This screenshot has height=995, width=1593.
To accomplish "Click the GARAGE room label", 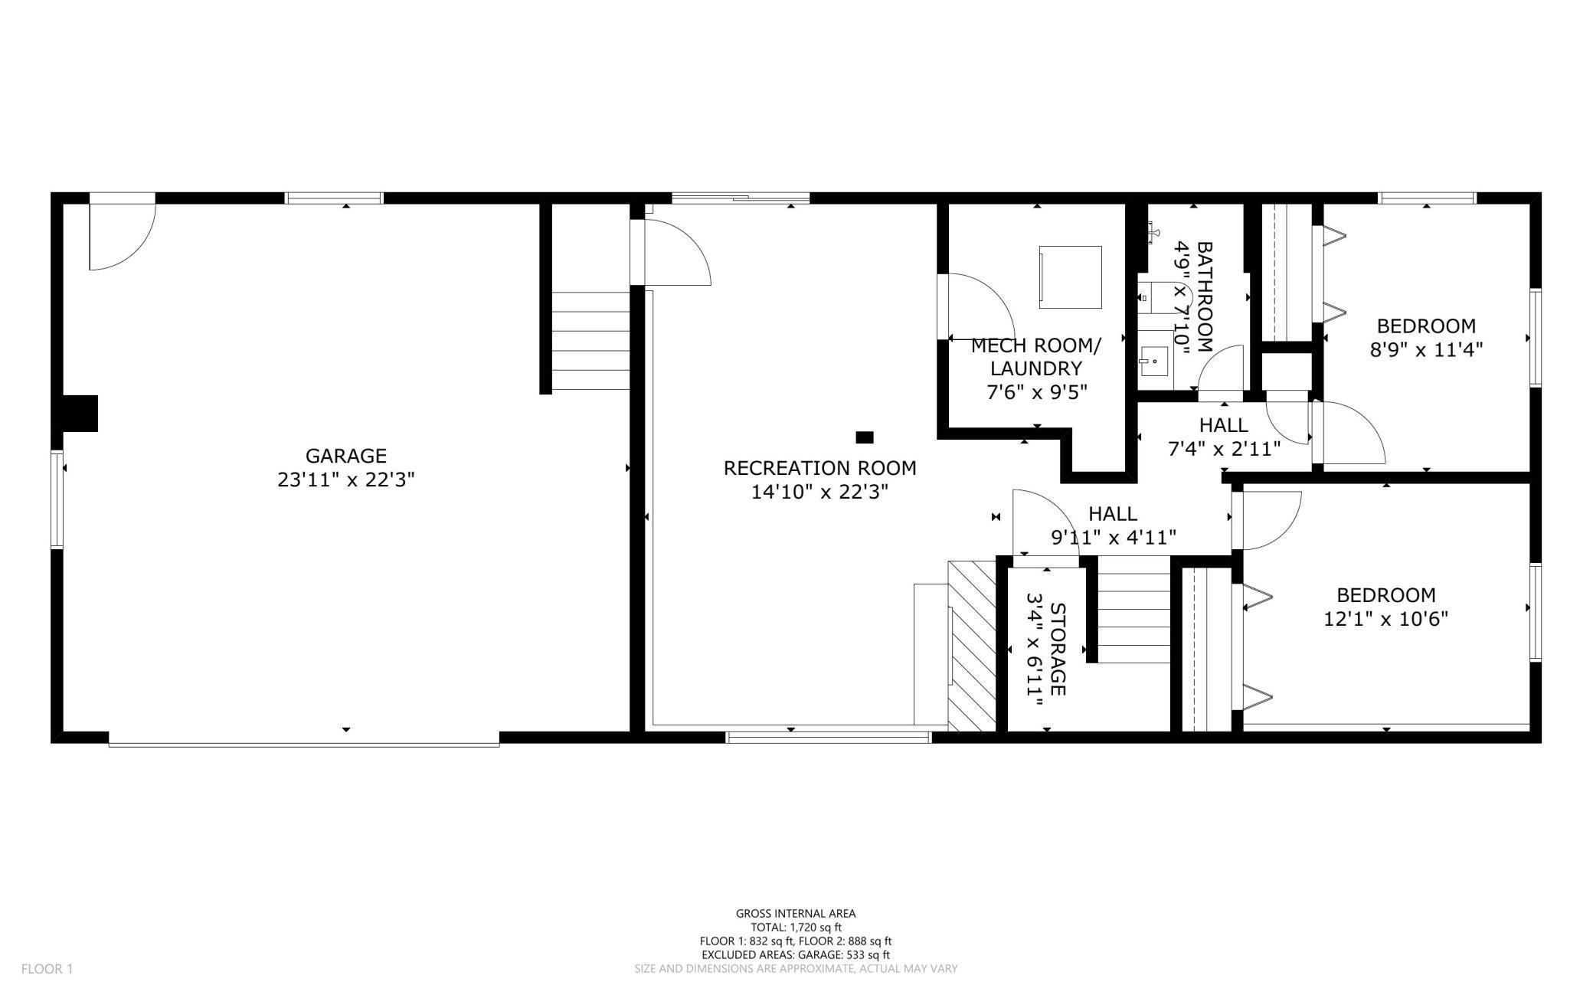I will [x=345, y=456].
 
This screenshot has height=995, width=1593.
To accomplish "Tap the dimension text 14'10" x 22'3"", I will [x=819, y=493].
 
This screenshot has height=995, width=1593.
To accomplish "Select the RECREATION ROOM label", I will [x=819, y=468].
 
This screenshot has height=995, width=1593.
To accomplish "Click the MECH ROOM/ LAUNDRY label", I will [x=1035, y=357].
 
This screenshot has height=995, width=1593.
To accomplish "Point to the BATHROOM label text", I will [x=1205, y=296].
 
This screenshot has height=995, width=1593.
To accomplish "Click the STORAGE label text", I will [x=1057, y=649].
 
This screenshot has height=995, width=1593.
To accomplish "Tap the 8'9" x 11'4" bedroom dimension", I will [x=1426, y=350].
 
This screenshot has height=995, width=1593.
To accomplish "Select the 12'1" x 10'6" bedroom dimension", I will [x=1385, y=619].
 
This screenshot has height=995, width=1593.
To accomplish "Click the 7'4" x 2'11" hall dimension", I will [x=1224, y=449].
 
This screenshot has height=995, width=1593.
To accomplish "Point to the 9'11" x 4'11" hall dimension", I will [x=1113, y=538].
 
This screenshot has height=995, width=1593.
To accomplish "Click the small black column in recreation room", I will [x=864, y=437].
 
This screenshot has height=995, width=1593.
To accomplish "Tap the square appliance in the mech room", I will [x=1070, y=277].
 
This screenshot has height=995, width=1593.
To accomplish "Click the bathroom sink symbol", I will [x=1153, y=360].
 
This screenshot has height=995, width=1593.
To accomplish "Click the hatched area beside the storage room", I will [x=971, y=645].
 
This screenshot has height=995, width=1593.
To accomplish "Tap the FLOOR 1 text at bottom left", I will [x=47, y=969].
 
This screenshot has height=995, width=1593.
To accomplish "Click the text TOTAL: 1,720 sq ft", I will [x=796, y=927].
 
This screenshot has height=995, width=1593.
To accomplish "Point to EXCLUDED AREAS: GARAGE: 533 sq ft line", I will [x=796, y=954].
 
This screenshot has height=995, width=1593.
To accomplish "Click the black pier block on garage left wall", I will [x=80, y=414].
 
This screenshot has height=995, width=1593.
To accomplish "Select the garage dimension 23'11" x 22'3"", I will [x=345, y=480].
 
